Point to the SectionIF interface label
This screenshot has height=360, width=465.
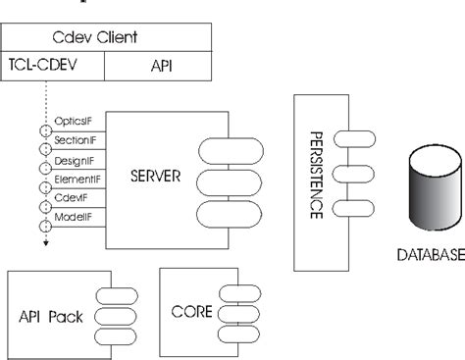coord(75,142)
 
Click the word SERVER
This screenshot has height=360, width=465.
coord(158,179)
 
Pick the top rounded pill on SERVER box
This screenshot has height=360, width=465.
coord(229,151)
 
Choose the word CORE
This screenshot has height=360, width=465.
coord(190,313)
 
